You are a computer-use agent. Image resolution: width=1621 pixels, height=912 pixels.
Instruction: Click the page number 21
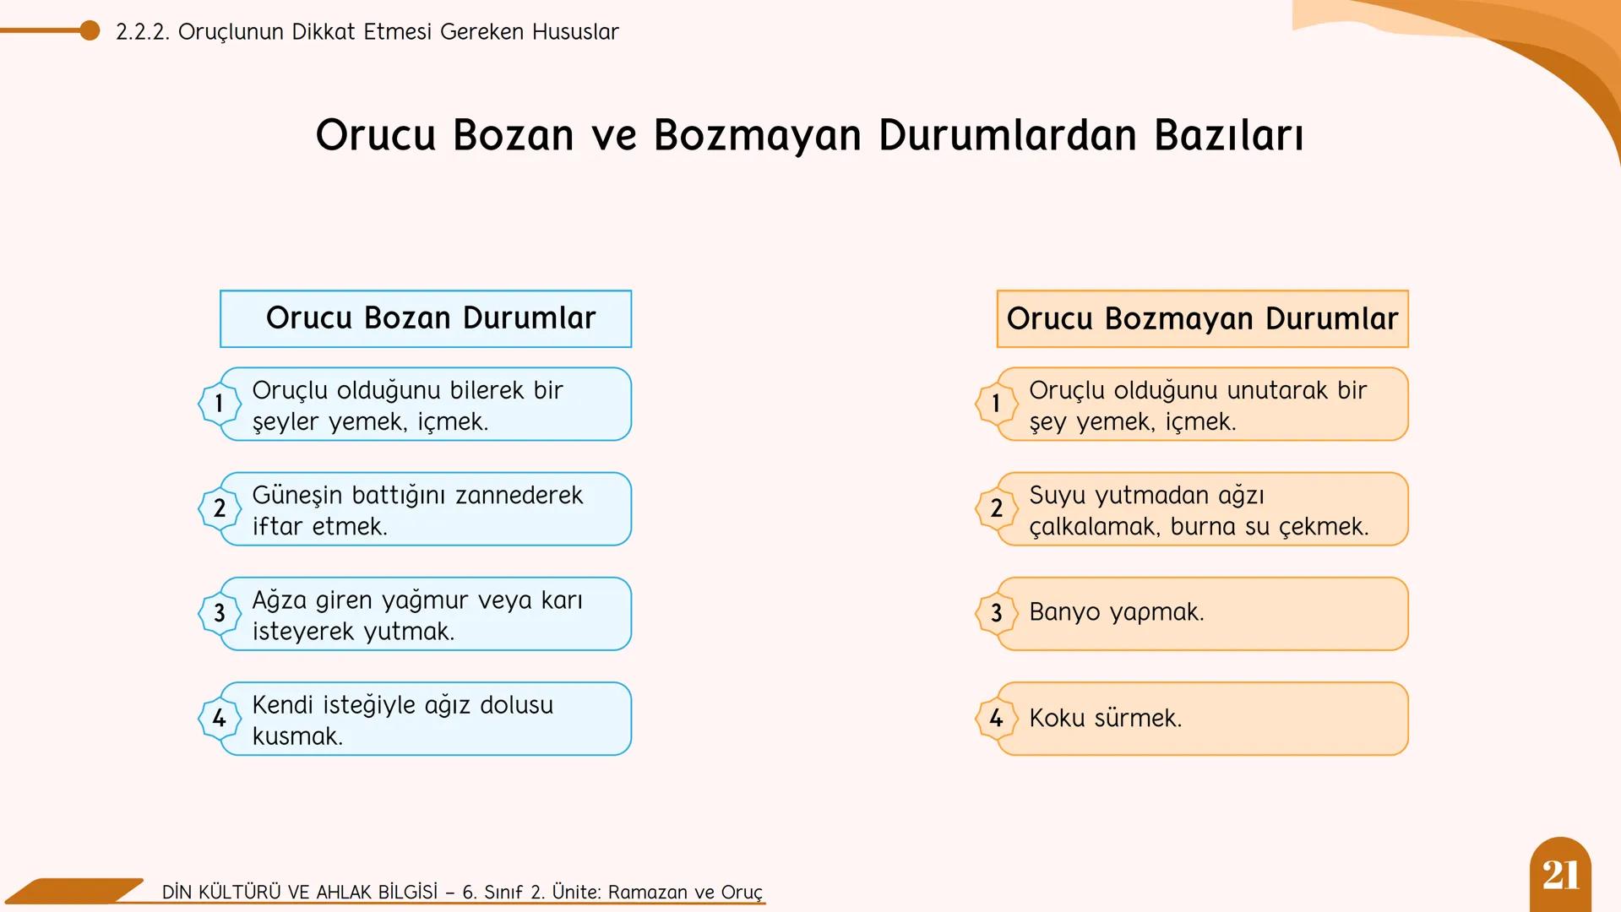click(x=1560, y=875)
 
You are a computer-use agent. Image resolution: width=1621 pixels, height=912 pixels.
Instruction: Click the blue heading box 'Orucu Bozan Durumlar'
click(x=426, y=319)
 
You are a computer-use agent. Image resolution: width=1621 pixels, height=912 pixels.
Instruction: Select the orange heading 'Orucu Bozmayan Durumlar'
click(x=1202, y=319)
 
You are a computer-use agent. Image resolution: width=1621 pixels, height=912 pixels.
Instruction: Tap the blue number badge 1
click(x=219, y=404)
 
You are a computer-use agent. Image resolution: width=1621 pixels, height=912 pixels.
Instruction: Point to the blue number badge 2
click(x=219, y=508)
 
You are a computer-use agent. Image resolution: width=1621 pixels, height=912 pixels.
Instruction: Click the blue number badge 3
click(x=219, y=613)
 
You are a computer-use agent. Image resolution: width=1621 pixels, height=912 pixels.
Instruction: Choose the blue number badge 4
click(x=219, y=719)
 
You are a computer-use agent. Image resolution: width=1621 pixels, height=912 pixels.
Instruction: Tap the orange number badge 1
click(x=996, y=404)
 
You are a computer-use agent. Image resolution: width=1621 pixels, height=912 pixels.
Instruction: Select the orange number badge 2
click(x=996, y=508)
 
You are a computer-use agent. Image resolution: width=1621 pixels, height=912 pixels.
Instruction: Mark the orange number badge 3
click(x=996, y=613)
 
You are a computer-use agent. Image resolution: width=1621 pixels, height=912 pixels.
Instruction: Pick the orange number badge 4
click(x=996, y=719)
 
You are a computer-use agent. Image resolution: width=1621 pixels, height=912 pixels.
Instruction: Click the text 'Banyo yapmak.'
click(x=1116, y=612)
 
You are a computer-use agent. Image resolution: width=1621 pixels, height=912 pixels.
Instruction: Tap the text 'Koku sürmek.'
click(x=1105, y=719)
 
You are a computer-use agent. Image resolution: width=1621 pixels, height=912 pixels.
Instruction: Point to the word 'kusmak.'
click(x=297, y=736)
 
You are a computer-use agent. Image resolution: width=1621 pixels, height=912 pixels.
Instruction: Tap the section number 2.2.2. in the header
click(x=142, y=32)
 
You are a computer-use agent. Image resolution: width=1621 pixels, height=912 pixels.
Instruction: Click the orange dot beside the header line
click(x=90, y=31)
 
